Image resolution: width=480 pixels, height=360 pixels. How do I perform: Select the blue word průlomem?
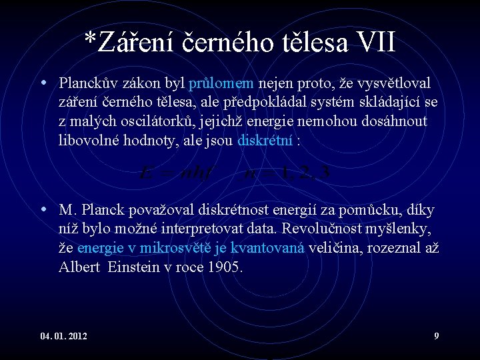pos(221,83)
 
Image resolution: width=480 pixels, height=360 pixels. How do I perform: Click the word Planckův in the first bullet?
pos(87,83)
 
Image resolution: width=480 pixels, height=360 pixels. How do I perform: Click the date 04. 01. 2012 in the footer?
pos(63,335)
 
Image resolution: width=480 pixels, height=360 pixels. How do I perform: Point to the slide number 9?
pos(436,335)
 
